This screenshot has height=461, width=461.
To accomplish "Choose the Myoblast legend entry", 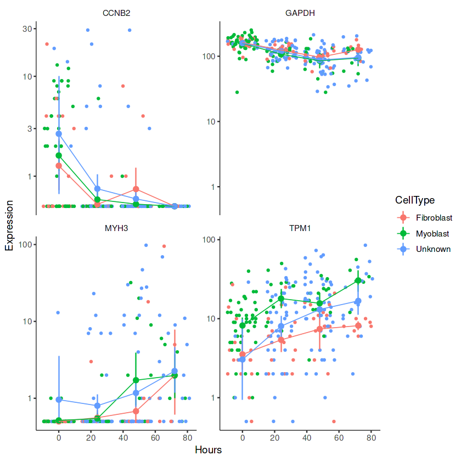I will (x=432, y=233).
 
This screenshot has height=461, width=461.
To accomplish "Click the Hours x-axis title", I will (x=208, y=450).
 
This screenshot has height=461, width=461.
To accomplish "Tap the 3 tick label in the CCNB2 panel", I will (x=30, y=128).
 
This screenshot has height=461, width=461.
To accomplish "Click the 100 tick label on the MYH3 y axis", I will (x=26, y=244).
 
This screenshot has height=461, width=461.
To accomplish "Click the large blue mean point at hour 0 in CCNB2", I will (x=59, y=133).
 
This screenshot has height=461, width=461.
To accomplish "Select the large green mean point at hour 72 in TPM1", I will (x=358, y=280).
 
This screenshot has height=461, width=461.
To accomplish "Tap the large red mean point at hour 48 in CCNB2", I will (x=136, y=189).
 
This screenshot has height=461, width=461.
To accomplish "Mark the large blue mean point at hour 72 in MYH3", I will (x=175, y=372).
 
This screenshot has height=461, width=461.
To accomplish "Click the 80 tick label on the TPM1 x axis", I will (x=371, y=437).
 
